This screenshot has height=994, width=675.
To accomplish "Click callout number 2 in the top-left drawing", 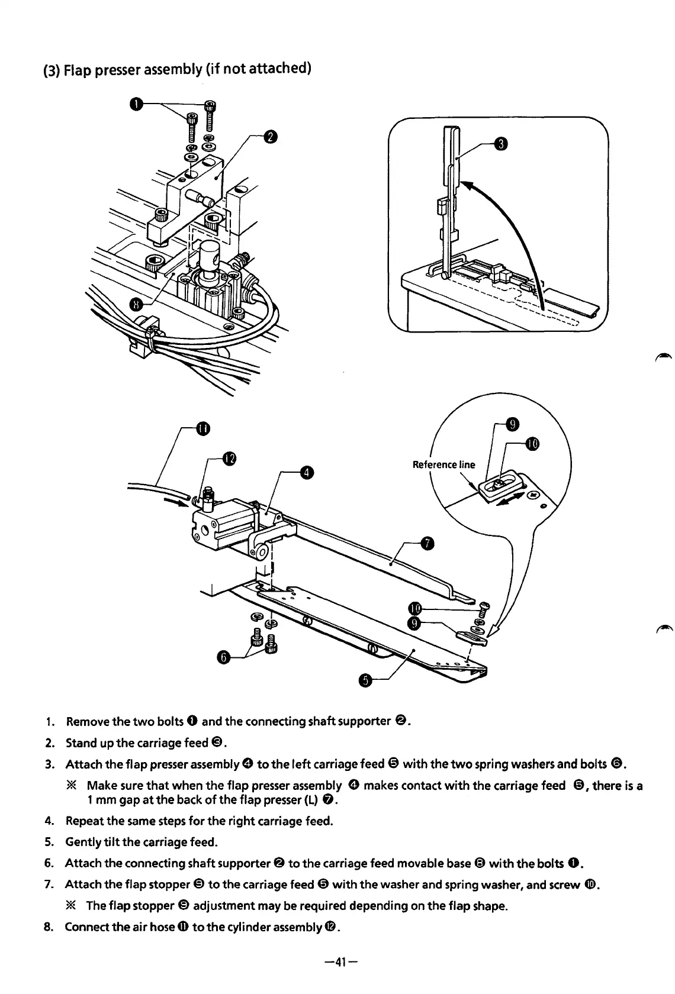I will (269, 137).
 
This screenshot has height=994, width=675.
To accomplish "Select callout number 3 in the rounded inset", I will (500, 144).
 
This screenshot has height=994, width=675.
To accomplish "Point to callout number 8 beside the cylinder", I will (137, 305).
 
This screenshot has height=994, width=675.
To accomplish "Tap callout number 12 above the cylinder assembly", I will (229, 458).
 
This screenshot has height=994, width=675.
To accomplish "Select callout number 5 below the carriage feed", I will (365, 682).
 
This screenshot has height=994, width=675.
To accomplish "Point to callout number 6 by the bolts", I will (223, 657).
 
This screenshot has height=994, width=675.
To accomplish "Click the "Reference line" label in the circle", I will (443, 464).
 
